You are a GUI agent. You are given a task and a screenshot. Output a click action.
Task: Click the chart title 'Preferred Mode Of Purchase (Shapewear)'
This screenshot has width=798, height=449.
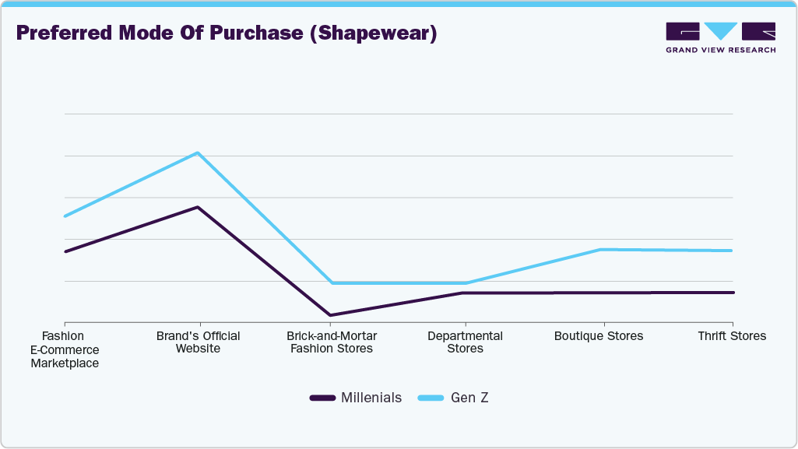click(x=227, y=33)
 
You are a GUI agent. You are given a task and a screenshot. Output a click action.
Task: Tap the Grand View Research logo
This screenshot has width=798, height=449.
click(x=720, y=37)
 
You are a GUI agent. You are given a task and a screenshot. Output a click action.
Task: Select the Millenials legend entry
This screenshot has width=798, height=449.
click(x=356, y=398)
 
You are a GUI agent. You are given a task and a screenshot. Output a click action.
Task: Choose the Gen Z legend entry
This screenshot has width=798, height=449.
click(x=453, y=398)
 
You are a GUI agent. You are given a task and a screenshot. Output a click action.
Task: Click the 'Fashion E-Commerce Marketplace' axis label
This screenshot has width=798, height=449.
click(x=64, y=349)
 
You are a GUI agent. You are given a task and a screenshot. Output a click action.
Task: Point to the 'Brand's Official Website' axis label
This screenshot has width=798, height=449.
click(x=198, y=342)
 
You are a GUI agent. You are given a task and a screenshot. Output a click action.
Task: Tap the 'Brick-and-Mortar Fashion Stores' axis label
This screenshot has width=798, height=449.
click(x=332, y=342)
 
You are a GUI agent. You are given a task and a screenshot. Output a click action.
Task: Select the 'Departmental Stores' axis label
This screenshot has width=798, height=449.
click(x=465, y=342)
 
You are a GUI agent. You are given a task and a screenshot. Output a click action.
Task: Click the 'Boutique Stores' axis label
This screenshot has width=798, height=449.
click(x=599, y=336)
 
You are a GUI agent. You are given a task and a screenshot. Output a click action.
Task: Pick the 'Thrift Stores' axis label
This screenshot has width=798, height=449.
click(x=732, y=336)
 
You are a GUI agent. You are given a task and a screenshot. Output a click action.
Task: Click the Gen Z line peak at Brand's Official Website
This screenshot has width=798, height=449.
click(x=198, y=153)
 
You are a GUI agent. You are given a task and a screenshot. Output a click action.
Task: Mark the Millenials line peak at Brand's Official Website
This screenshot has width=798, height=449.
click(x=198, y=207)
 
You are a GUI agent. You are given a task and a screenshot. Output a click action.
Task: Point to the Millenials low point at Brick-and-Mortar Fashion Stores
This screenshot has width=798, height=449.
click(x=331, y=315)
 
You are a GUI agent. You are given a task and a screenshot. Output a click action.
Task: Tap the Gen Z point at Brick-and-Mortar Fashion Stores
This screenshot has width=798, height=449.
click(x=331, y=282)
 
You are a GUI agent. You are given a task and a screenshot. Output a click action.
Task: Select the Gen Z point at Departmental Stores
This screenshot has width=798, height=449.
click(x=466, y=282)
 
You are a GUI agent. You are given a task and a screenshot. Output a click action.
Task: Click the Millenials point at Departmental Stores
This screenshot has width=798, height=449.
click(x=466, y=293)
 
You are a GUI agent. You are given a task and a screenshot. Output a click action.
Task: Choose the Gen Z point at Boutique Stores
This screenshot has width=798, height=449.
click(x=599, y=250)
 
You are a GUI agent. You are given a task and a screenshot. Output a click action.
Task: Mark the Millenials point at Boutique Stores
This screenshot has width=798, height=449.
click(x=599, y=293)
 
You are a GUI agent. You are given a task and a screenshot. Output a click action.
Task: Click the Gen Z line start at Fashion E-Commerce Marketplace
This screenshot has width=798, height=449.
click(x=65, y=216)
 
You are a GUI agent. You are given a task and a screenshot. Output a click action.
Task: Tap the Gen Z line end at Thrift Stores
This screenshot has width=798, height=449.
click(x=732, y=251)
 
